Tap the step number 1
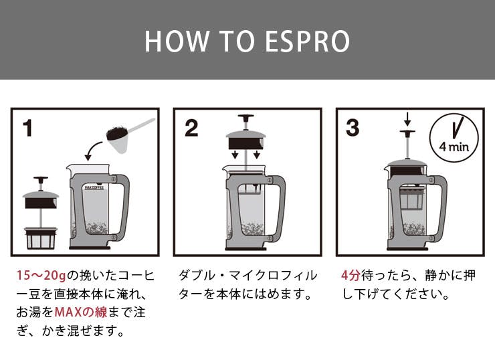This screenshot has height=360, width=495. (27, 126)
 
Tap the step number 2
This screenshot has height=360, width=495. (191, 126)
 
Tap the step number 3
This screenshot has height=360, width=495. (353, 126)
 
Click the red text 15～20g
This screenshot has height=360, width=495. (43, 276)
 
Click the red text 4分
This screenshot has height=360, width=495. (350, 276)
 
